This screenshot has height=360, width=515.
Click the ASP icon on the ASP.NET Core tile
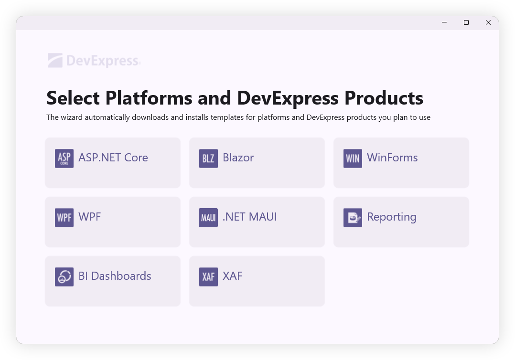pyautogui.click(x=64, y=159)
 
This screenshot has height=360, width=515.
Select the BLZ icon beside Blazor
pyautogui.click(x=208, y=159)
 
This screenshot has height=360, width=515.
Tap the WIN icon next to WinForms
pyautogui.click(x=353, y=159)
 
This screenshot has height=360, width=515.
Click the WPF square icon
pyautogui.click(x=64, y=218)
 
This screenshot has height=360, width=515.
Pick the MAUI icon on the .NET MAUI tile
pyautogui.click(x=208, y=218)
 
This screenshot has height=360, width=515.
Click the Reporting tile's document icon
pyautogui.click(x=353, y=218)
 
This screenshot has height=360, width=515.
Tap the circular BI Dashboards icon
pyautogui.click(x=64, y=277)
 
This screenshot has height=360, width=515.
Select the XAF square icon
pyautogui.click(x=208, y=277)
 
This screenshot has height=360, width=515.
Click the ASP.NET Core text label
pyautogui.click(x=113, y=158)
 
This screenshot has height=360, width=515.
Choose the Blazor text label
pyautogui.click(x=238, y=158)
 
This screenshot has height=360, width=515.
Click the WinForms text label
pyautogui.click(x=392, y=158)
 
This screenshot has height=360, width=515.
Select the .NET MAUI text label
pyautogui.click(x=250, y=217)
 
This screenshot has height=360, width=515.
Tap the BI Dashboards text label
pyautogui.click(x=115, y=276)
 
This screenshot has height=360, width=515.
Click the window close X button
pyautogui.click(x=488, y=22)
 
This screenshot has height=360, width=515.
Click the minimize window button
pyautogui.click(x=444, y=22)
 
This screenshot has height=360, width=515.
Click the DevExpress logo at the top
pyautogui.click(x=94, y=61)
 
